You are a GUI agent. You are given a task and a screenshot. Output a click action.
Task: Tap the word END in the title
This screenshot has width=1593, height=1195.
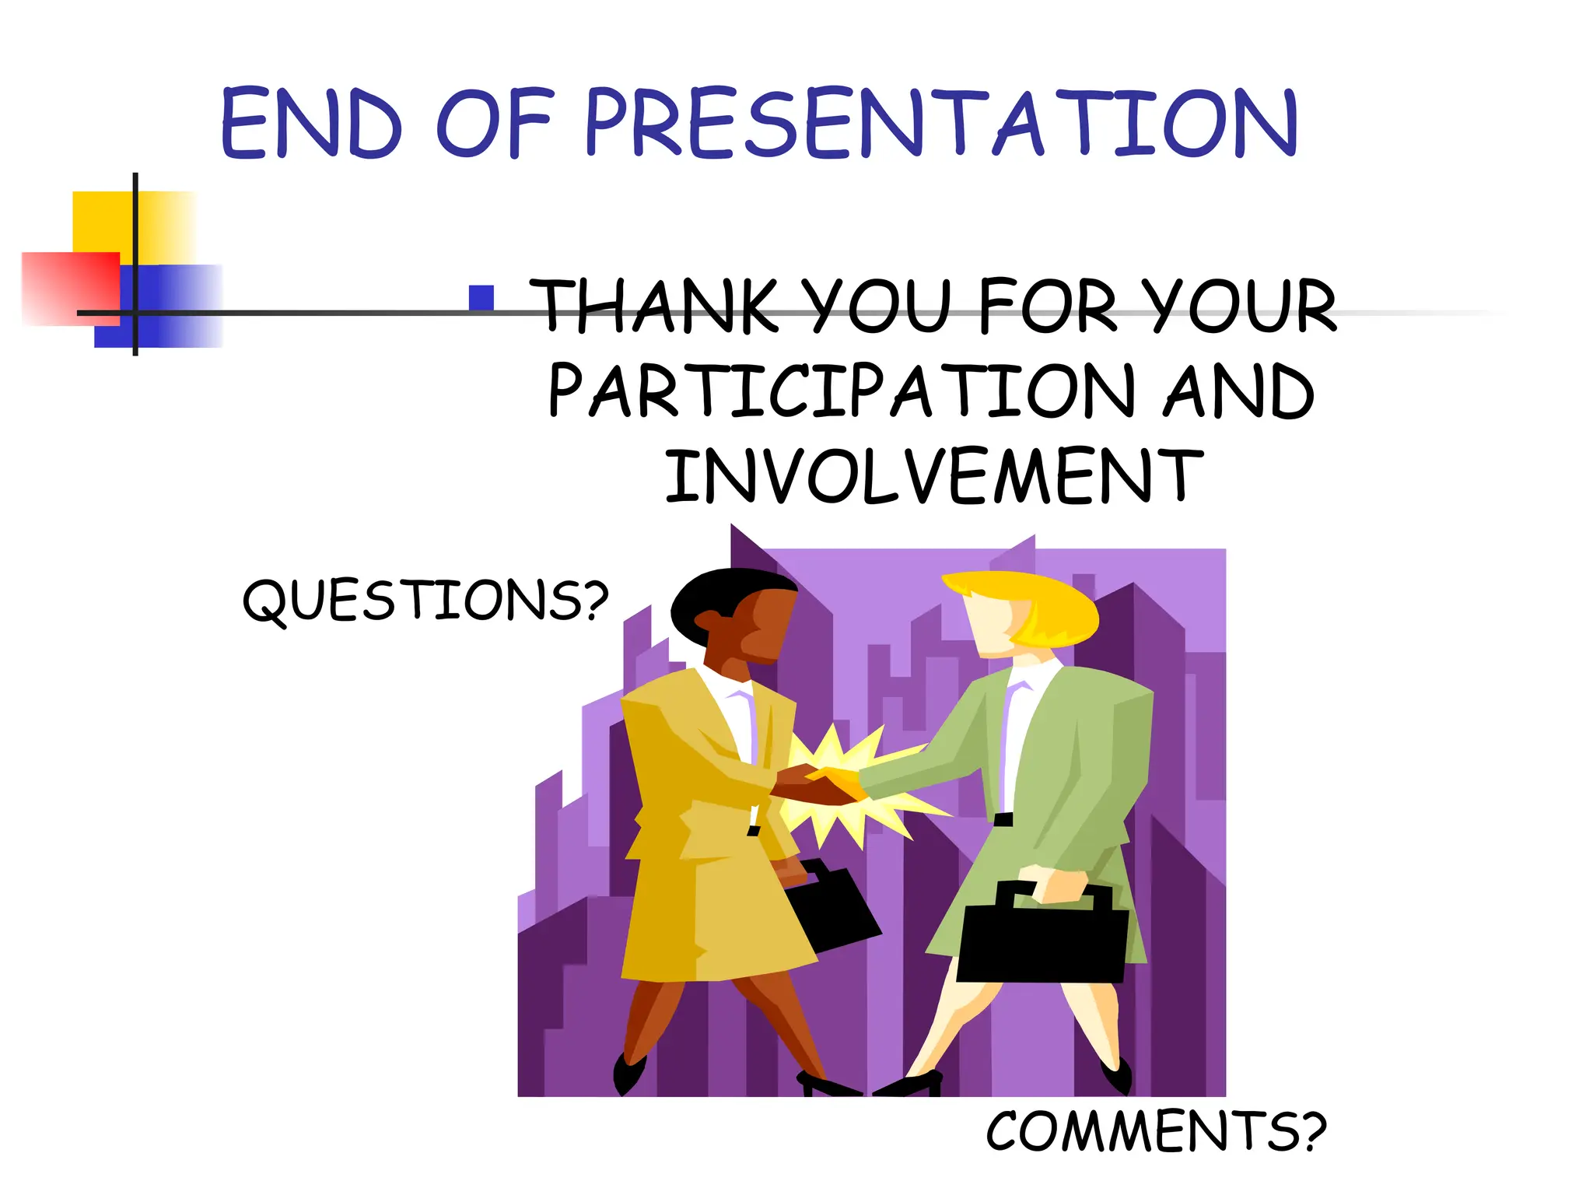coord(311,124)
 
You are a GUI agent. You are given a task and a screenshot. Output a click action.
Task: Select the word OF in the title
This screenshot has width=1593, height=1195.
coord(495,124)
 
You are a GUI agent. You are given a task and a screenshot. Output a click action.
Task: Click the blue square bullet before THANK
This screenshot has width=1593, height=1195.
coord(481,298)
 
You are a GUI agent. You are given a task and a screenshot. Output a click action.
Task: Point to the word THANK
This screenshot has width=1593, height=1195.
coord(653,307)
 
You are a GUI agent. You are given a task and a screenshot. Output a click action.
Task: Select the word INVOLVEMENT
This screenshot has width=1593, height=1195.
coord(933,476)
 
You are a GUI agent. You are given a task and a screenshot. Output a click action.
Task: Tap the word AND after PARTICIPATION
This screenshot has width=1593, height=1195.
coord(1238,391)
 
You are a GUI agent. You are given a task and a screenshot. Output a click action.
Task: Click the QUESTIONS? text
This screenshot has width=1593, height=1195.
coord(425,601)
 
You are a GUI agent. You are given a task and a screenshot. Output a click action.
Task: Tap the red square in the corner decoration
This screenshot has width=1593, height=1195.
coord(66,288)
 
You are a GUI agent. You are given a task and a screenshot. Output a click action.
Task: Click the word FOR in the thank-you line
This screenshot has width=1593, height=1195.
coord(1049,307)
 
